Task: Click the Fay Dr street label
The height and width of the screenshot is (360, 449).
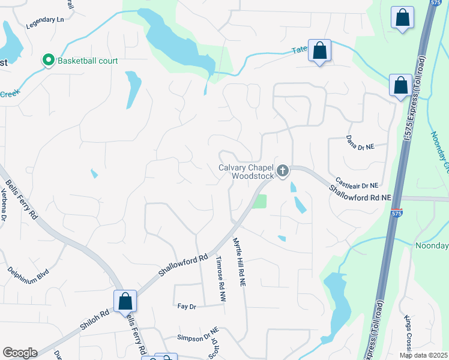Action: [x=187, y=306]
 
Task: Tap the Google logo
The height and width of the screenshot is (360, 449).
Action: [x=20, y=353]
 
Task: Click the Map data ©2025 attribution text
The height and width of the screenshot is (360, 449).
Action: [x=423, y=356]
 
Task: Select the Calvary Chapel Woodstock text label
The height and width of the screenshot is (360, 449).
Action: [x=246, y=172]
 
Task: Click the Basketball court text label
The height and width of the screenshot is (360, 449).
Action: [x=87, y=61]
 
